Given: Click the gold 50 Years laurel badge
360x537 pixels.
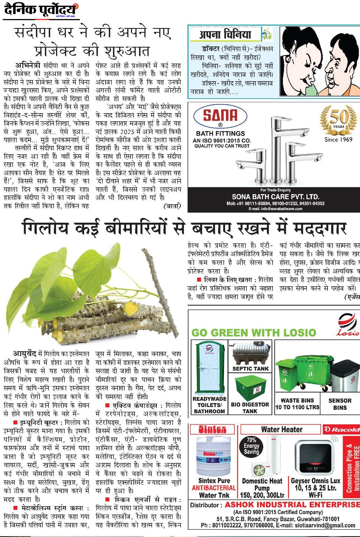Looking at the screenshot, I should coord(338,119).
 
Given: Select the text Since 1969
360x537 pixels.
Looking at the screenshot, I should coord(338,140).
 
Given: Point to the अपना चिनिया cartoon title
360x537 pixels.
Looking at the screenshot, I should coord(225,34).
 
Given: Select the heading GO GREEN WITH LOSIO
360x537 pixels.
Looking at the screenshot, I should coord(254,333).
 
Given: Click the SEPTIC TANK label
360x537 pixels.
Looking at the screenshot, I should coord(251,369).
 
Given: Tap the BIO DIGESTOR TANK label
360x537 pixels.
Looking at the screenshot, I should coord(250,408).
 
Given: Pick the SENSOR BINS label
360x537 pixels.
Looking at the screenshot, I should coord(340,404).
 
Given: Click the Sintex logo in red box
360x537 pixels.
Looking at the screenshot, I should coord(212,429).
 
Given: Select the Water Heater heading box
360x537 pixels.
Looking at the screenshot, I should coord(281,429).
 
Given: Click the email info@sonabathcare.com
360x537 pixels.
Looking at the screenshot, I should coord(275,209).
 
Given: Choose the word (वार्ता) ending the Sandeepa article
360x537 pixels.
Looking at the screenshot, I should coord(172,206).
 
